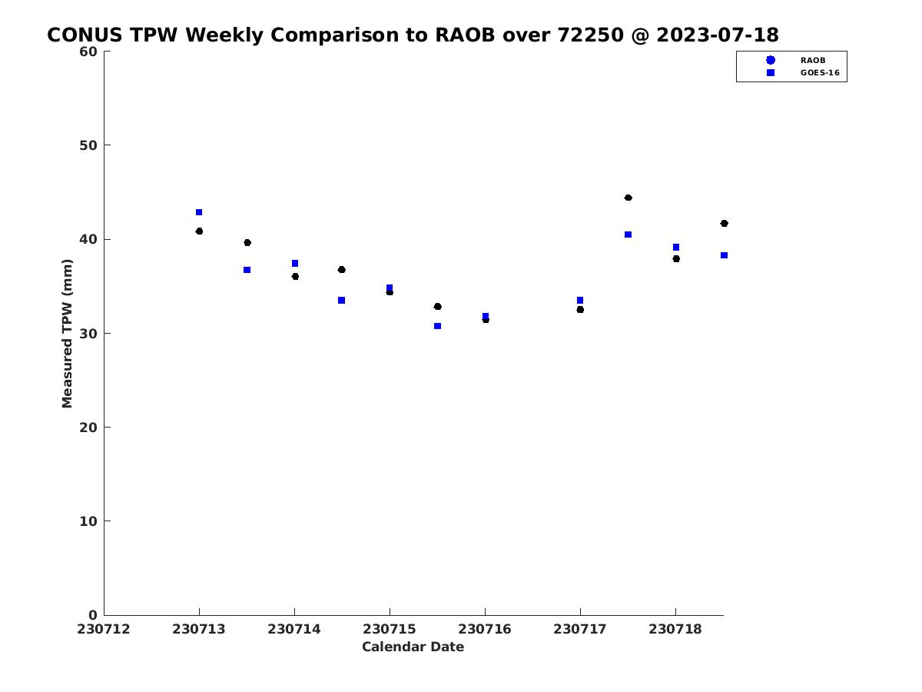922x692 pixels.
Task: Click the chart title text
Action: [413, 35]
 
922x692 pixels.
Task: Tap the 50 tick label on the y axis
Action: [88, 145]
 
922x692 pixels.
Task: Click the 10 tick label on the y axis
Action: [88, 521]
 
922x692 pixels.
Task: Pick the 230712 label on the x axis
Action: [104, 630]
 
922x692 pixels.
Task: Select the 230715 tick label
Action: [390, 630]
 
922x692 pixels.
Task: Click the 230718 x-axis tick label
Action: [675, 630]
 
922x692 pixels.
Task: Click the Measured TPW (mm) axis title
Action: [67, 334]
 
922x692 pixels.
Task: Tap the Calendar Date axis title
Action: [413, 647]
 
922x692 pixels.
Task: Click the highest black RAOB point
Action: [628, 198]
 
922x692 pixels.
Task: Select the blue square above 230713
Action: [199, 213]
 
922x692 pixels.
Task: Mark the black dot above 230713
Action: [199, 231]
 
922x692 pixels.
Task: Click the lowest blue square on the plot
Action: [437, 326]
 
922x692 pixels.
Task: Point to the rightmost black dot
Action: [724, 224]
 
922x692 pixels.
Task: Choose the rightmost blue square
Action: [724, 255]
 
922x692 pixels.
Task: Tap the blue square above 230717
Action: [580, 301]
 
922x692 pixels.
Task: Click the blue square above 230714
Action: [295, 264]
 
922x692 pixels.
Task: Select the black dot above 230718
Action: [676, 259]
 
